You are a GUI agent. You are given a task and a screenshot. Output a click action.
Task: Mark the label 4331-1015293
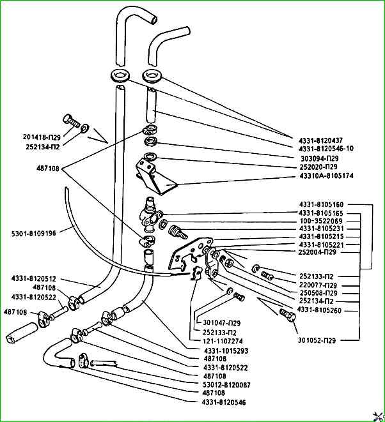coord(225,350)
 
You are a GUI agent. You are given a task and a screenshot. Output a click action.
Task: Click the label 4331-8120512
coord(33,278)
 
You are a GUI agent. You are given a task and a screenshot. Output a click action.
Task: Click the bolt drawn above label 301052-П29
coord(287,314)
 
